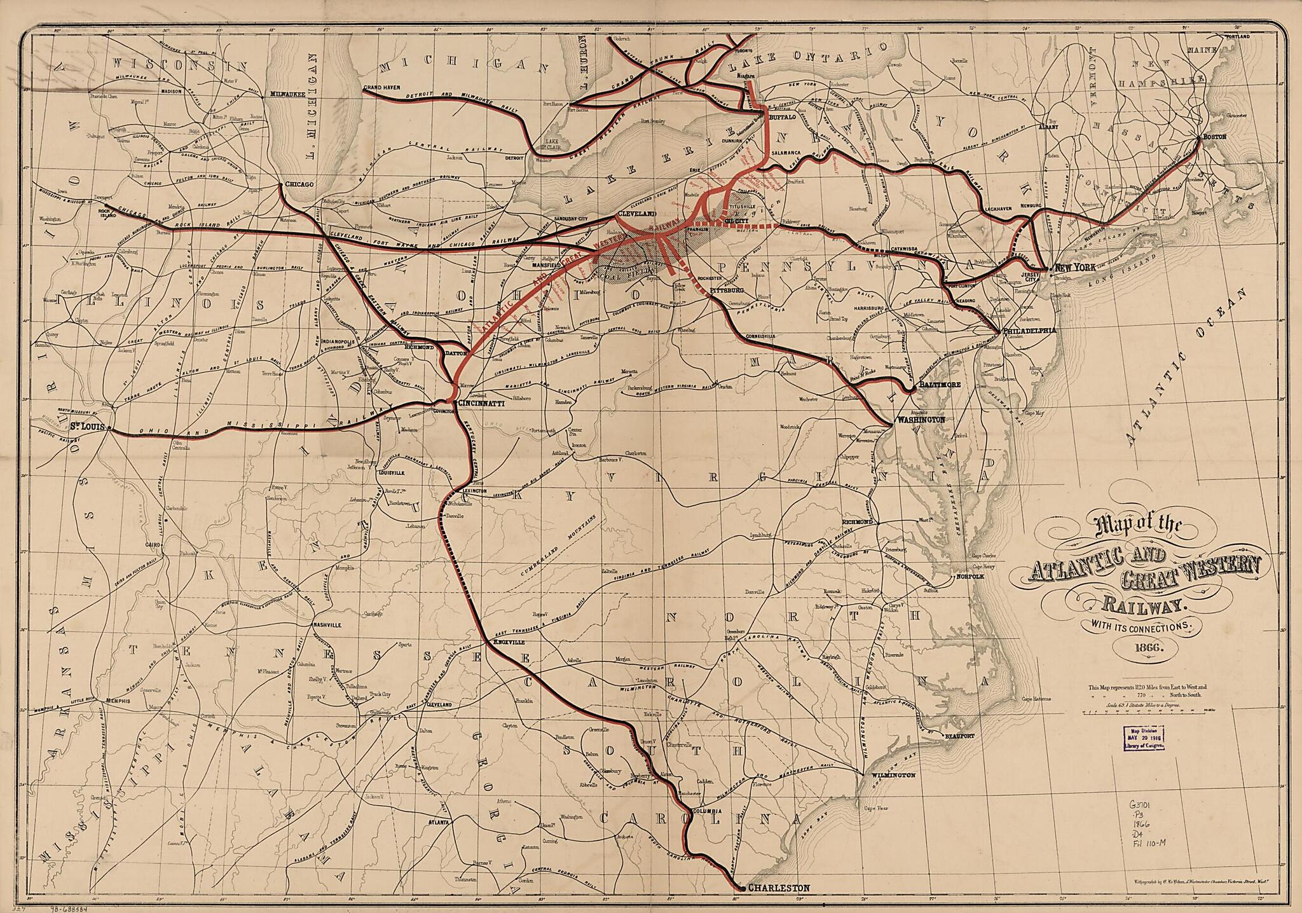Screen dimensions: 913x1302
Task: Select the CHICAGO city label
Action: (x=299, y=184)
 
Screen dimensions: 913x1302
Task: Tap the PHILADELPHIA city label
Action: (x=1029, y=331)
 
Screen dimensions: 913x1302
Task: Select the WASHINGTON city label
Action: (x=921, y=420)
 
